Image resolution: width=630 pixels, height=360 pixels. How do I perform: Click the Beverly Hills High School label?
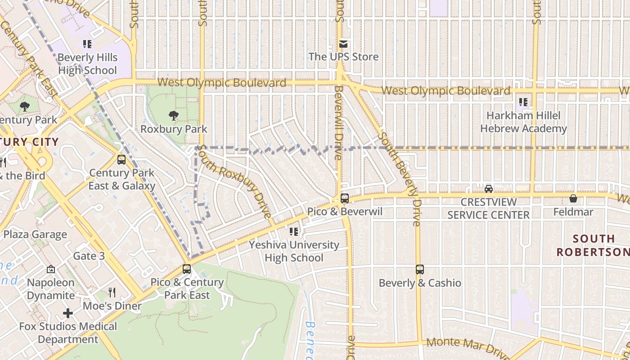click(87, 64)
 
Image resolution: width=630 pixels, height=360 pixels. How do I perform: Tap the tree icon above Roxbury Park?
click(174, 116)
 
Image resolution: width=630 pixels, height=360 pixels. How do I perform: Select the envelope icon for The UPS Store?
click(343, 44)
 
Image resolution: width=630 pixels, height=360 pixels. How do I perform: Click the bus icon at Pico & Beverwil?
click(345, 198)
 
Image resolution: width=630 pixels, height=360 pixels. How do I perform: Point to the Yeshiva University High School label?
click(294, 251)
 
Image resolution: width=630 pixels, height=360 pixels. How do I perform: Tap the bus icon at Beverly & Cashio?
click(420, 270)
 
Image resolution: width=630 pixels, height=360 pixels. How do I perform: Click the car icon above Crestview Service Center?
click(489, 189)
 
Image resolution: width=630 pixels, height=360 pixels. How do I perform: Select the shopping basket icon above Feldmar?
click(573, 198)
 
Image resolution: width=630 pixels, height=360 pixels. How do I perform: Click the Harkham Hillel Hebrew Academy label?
click(523, 122)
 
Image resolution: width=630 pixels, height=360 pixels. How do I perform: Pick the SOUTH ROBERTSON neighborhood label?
click(593, 245)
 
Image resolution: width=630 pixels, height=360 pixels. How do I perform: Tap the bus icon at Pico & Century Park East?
click(187, 269)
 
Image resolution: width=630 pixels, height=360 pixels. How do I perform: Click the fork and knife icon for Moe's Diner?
click(112, 292)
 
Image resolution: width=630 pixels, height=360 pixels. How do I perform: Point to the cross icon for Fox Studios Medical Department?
click(68, 313)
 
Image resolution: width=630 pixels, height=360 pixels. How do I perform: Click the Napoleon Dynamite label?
click(51, 289)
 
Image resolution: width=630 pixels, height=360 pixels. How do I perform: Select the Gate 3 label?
click(89, 256)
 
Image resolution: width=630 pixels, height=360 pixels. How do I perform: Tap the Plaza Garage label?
click(35, 234)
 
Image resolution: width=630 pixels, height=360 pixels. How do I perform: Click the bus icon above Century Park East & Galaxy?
click(121, 159)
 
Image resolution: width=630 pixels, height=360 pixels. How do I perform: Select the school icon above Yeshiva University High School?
click(294, 232)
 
